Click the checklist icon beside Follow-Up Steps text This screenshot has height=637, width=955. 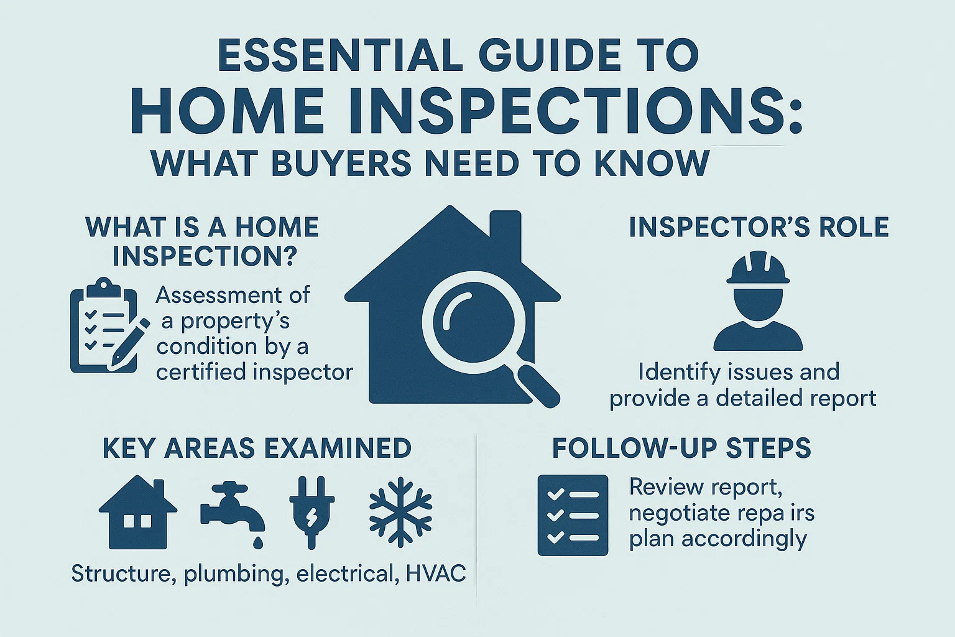(x=573, y=515)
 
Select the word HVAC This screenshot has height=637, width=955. (x=435, y=573)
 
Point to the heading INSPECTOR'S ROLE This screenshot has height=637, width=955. (x=759, y=228)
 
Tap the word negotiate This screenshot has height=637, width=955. (x=680, y=513)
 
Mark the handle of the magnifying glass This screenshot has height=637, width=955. (x=537, y=385)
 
